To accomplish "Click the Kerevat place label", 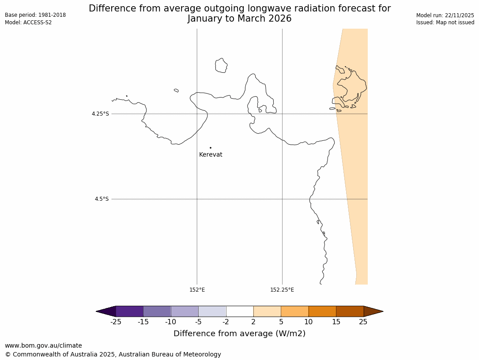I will [211, 155].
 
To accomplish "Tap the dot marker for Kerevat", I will [211, 148].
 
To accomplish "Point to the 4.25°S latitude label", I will [100, 114].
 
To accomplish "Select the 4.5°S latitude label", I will [102, 199].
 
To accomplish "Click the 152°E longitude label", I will [197, 290].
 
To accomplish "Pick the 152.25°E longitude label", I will [282, 290].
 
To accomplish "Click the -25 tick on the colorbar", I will [116, 322].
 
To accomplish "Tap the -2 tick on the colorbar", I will [226, 322].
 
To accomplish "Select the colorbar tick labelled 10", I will [309, 322].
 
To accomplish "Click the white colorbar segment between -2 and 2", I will [240, 311].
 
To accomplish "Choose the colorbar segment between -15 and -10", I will [157, 311].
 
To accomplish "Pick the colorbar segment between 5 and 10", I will [294, 311].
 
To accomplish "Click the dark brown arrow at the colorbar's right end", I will [373, 311].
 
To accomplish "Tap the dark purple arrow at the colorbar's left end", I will [106, 311].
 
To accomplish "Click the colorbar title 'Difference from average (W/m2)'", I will [239, 334].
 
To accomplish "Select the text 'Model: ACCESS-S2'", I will [28, 22].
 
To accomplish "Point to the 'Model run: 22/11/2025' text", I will [445, 15].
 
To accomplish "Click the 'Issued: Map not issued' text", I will [445, 22].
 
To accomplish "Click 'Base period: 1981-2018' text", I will [35, 15].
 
